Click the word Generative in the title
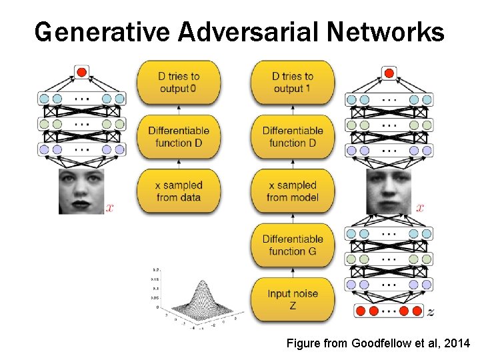coord(87,32)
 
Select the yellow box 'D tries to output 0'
coord(179,83)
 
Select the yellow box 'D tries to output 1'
coord(293,83)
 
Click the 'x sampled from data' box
coord(179,191)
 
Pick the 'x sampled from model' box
coord(293,191)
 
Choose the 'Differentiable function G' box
coord(293,245)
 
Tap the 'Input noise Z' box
coord(293,299)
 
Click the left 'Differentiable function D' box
coord(179,137)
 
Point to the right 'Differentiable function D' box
coord(293,137)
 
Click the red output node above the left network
coord(82,71)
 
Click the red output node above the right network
coord(389,71)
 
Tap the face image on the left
coord(82,191)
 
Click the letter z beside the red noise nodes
coord(431,311)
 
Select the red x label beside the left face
coord(110,208)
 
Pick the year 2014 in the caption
coord(457,343)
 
